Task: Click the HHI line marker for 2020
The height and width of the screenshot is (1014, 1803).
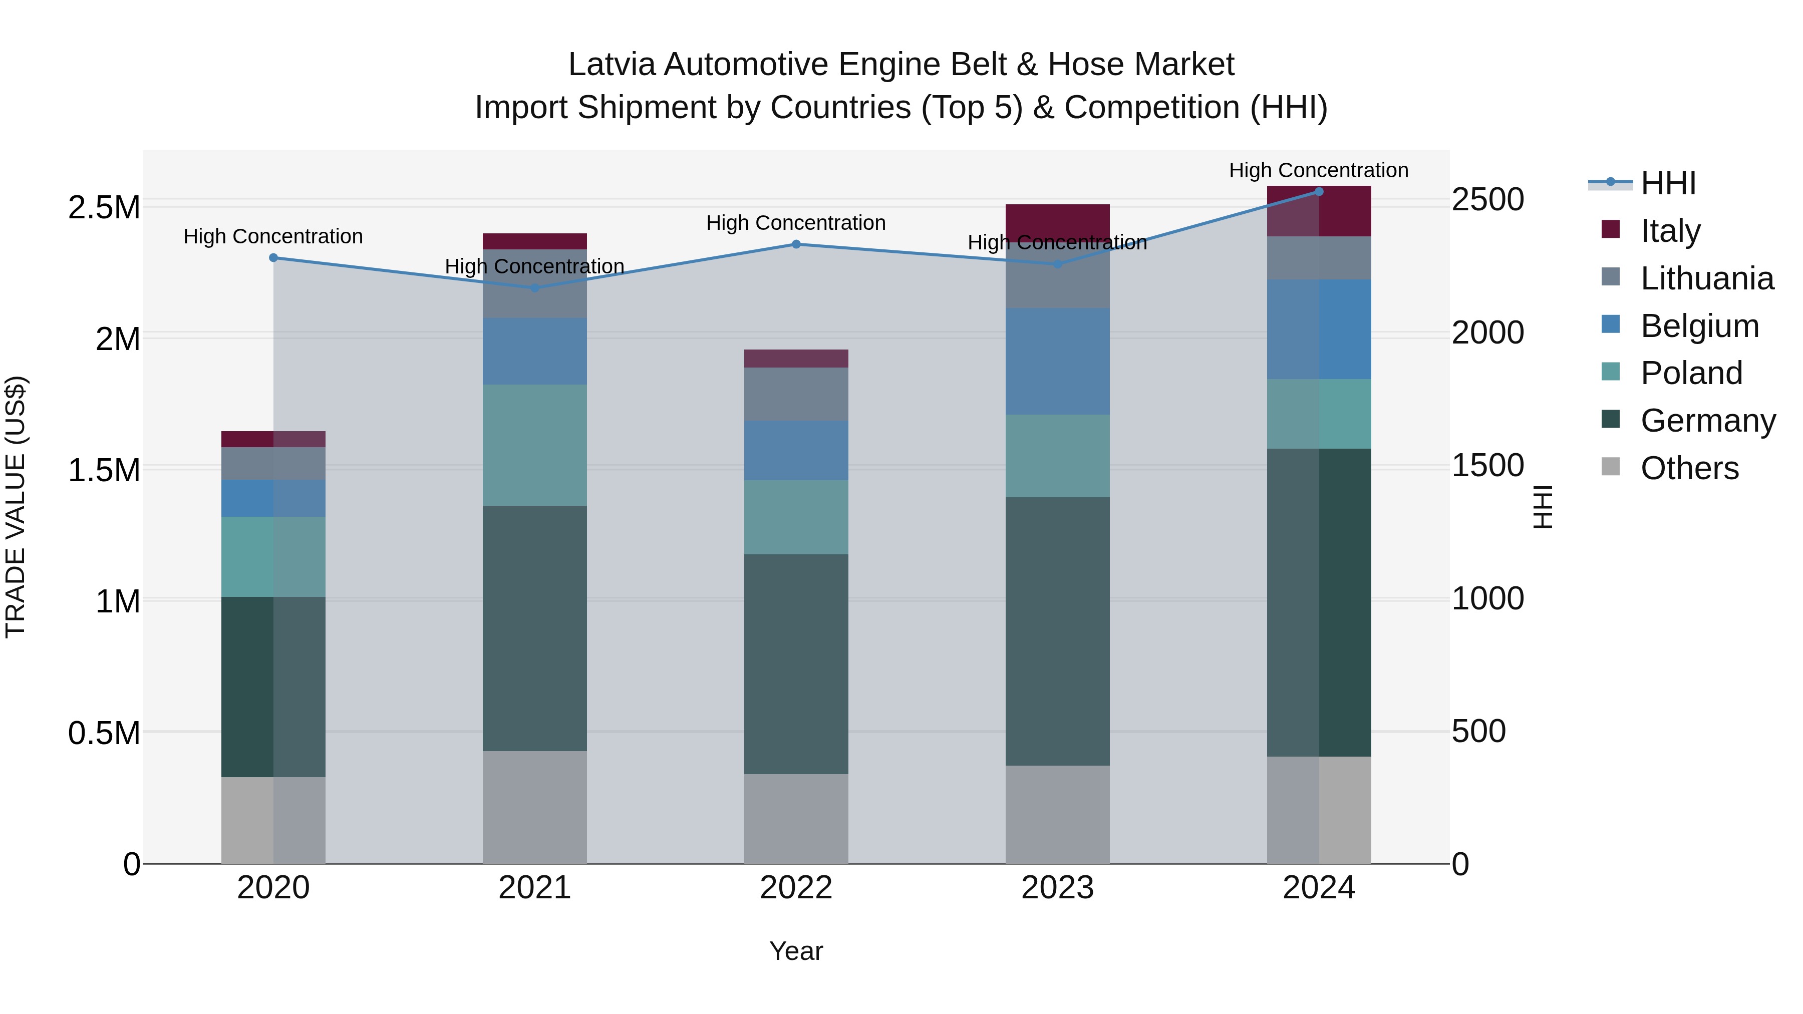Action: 273,257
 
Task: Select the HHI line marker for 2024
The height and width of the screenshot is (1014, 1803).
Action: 1319,191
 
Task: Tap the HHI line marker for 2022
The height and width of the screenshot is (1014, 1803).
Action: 796,244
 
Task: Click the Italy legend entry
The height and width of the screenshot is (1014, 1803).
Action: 1670,231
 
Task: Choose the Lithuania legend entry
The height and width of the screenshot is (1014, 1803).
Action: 1706,278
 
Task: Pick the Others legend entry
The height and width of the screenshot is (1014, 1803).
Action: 1689,468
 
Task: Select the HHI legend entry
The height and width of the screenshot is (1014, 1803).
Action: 1668,183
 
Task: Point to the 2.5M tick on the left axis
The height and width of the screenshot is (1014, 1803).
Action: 104,208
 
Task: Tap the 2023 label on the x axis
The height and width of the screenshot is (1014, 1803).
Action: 1057,888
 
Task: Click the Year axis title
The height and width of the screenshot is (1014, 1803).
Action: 796,951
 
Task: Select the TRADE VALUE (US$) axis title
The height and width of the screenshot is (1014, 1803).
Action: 16,507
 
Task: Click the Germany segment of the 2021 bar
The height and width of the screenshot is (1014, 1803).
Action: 535,628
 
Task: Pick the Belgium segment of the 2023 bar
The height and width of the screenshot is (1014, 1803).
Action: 1057,361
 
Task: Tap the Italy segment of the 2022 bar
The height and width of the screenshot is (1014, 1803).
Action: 796,359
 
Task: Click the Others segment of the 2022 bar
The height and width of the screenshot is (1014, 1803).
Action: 796,818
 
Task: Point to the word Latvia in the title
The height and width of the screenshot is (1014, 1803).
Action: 611,65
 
